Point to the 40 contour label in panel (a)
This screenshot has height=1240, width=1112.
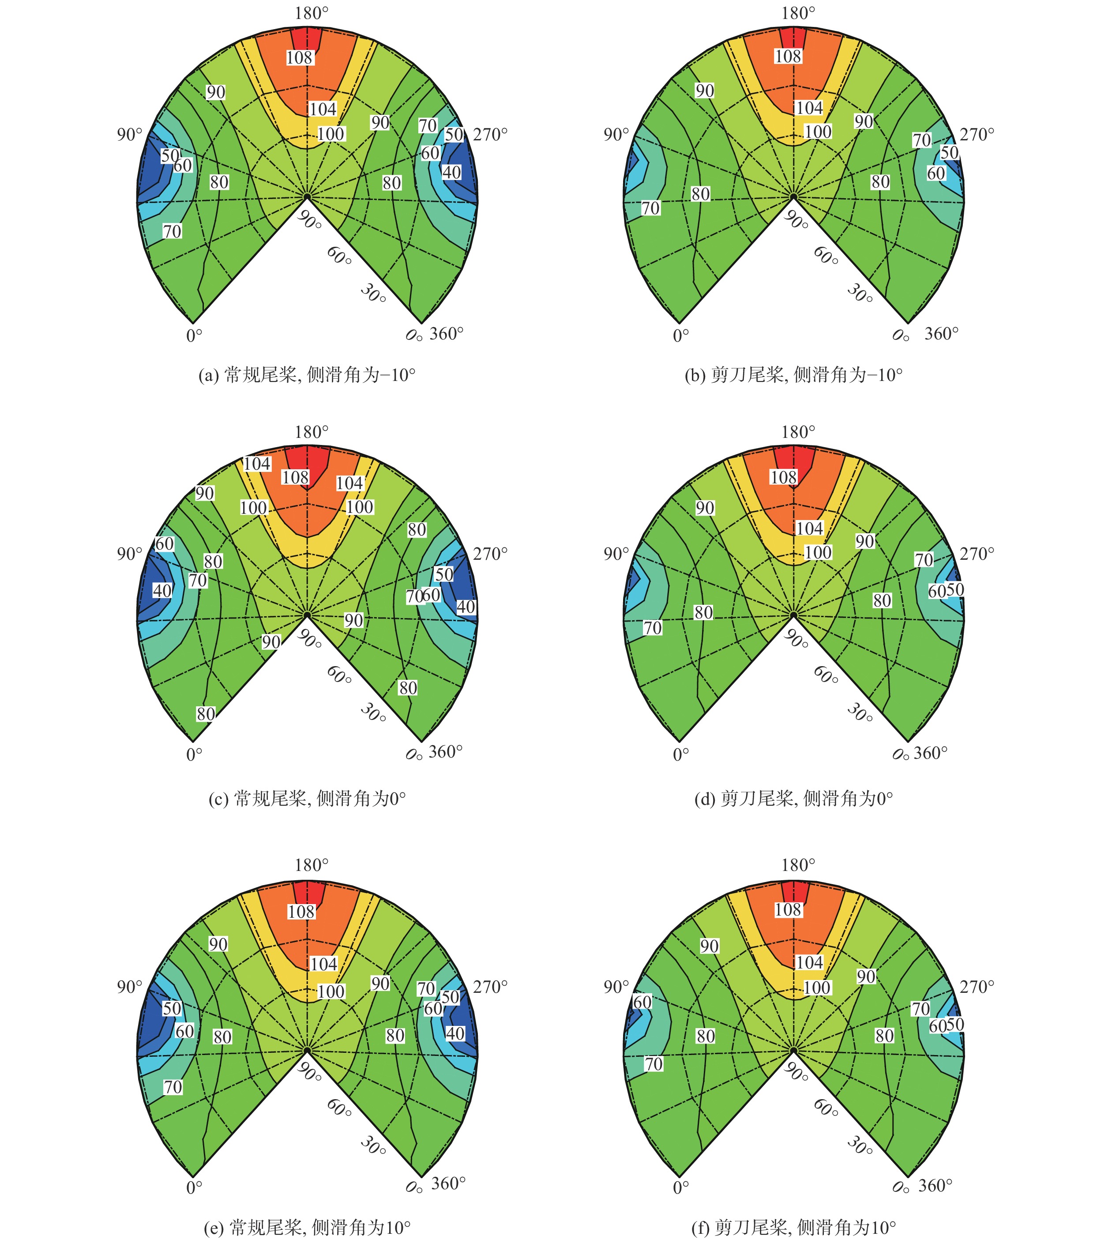coord(451,172)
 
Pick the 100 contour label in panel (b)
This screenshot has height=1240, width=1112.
coord(818,132)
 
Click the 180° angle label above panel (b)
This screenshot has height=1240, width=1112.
coord(798,13)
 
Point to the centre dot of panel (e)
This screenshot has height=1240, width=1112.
coord(307,1050)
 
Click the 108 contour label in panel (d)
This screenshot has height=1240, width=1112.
coord(784,477)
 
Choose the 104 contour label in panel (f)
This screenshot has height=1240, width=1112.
coord(810,962)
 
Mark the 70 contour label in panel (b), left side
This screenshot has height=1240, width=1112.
coord(650,208)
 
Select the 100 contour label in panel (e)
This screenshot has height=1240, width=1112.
coord(331,991)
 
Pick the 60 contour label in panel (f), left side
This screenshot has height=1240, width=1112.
coord(642,1002)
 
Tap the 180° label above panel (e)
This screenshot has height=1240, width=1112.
coord(312,865)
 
